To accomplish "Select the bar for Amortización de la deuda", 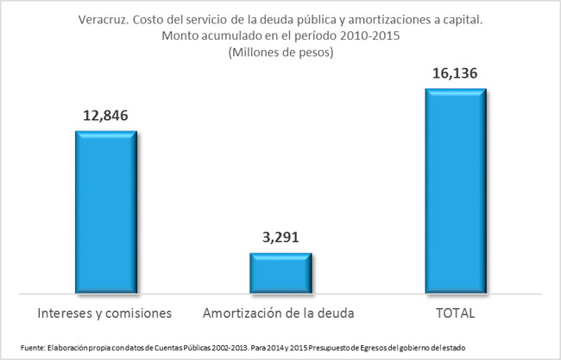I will coord(280,272).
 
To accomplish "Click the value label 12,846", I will coord(106,115).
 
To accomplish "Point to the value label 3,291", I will coord(280,237).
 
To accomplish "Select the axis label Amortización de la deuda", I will coord(280,310).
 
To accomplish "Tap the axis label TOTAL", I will coord(456,310).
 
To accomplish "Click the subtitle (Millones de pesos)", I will coord(280,53).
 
